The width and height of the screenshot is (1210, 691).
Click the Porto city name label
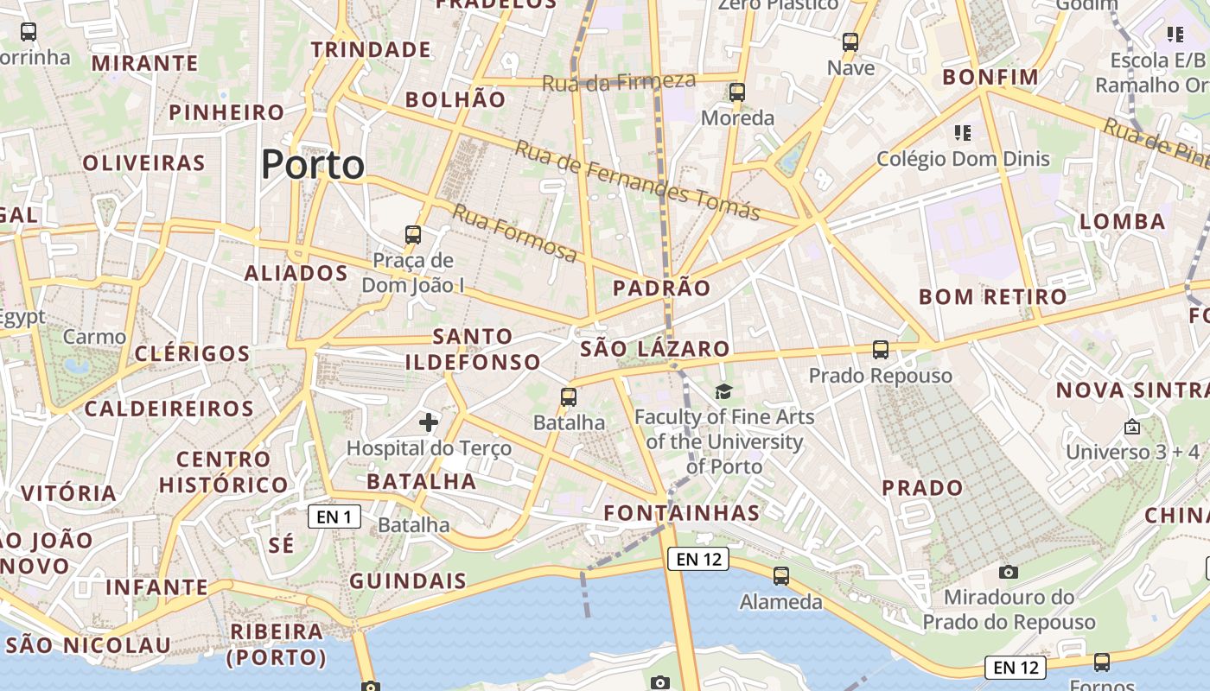pos(313,164)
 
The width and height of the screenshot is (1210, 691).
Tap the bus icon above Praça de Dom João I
pos(413,234)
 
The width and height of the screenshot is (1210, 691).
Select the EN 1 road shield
pos(334,517)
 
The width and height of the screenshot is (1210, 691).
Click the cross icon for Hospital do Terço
pos(428,422)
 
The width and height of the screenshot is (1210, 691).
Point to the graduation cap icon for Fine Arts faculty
pos(723,392)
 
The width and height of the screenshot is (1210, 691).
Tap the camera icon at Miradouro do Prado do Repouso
pos(1008,572)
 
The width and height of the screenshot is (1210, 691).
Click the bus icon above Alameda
pos(781,575)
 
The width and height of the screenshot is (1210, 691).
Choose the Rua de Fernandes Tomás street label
pos(637,180)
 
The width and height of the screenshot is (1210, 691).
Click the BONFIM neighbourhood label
pos(990,77)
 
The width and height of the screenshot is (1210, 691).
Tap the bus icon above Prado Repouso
pos(881,350)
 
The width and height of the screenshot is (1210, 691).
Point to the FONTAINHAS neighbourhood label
pos(682,513)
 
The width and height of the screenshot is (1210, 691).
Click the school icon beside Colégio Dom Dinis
pos(963,133)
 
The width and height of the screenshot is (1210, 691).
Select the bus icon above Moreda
pos(737,92)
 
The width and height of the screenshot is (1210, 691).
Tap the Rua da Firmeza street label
pos(619,82)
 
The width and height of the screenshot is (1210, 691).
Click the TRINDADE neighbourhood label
pos(372,49)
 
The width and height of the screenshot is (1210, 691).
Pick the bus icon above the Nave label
pos(850,41)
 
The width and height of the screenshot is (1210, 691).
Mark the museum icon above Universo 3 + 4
pos(1132,427)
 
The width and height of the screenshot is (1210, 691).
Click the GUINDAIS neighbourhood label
pos(408,580)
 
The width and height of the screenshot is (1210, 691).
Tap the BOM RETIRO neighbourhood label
pos(993,297)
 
